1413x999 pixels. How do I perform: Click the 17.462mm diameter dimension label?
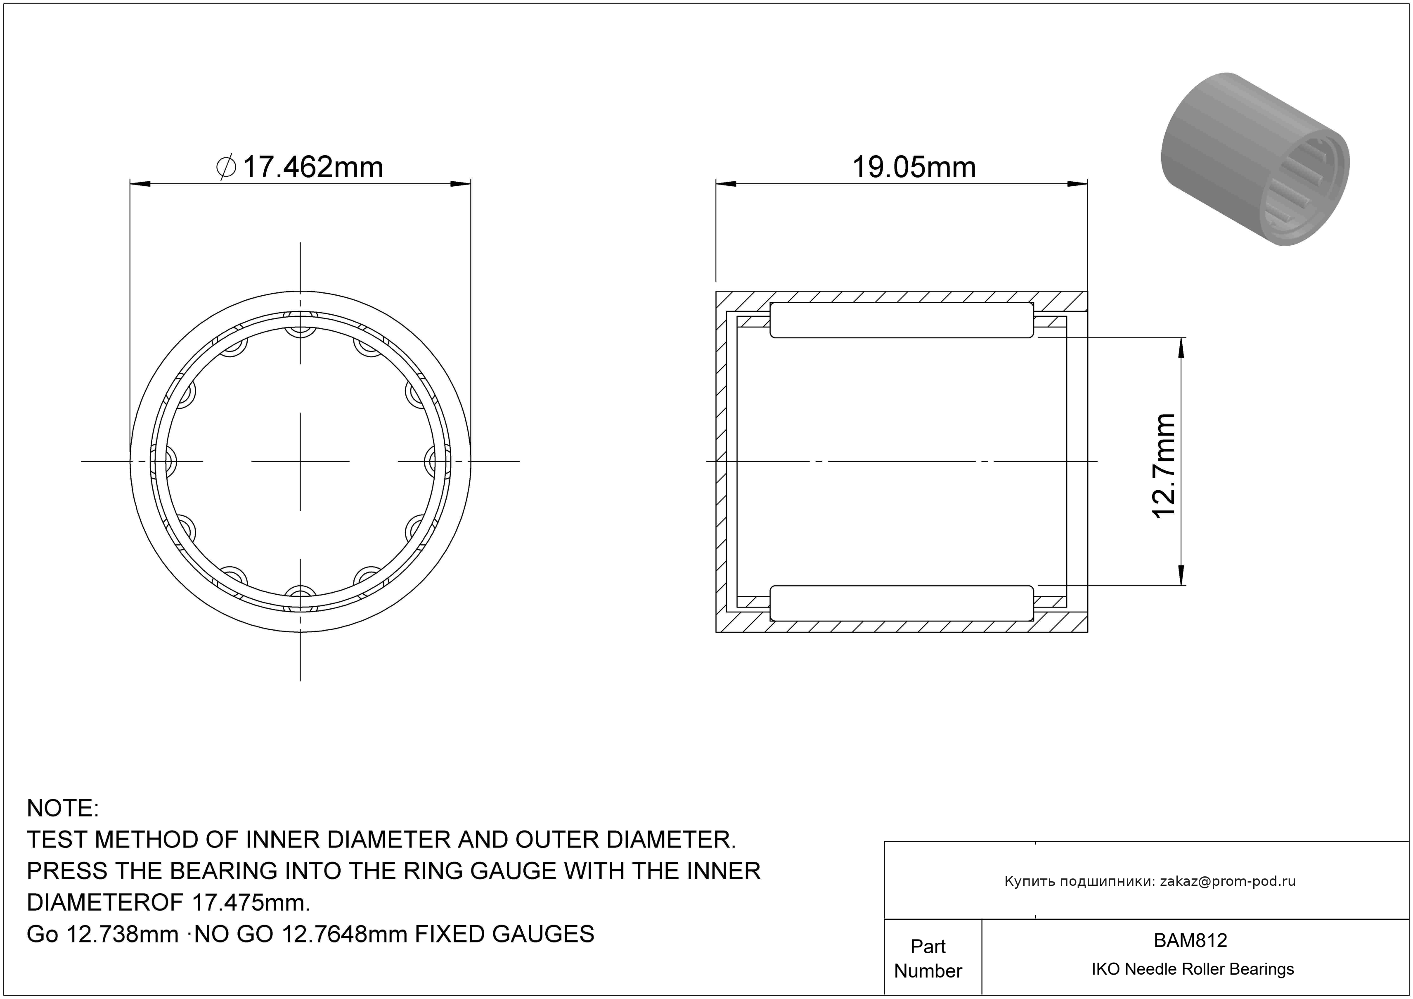point(301,167)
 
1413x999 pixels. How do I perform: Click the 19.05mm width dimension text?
point(914,167)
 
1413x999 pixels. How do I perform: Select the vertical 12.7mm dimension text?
point(1164,467)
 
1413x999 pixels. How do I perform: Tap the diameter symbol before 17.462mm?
point(227,167)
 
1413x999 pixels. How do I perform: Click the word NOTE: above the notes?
point(63,808)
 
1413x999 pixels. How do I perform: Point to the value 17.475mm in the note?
point(251,903)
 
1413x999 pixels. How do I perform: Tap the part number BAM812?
point(1190,940)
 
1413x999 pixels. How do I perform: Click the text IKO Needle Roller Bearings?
point(1193,969)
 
